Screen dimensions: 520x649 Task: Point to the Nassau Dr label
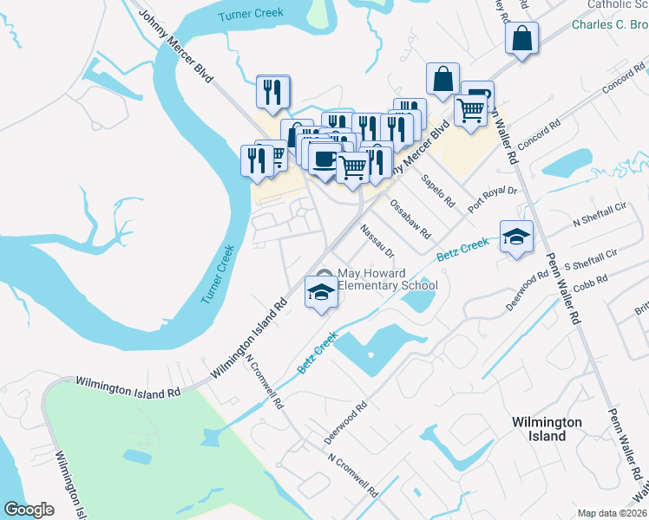pyautogui.click(x=377, y=241)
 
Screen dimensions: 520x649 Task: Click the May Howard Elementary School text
pyautogui.click(x=387, y=279)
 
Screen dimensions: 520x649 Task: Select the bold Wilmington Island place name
pyautogui.click(x=547, y=428)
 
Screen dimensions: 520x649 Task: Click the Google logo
pyautogui.click(x=29, y=510)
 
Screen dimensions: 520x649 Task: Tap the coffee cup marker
pyautogui.click(x=324, y=159)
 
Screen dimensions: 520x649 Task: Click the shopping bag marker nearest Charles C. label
pyautogui.click(x=521, y=39)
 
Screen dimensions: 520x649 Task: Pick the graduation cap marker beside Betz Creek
pyautogui.click(x=516, y=237)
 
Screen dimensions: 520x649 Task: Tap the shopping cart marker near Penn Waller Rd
pyautogui.click(x=470, y=111)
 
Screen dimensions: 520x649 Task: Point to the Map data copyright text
pyautogui.click(x=613, y=513)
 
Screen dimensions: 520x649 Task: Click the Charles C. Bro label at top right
pyautogui.click(x=609, y=24)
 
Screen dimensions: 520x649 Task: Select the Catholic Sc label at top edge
pyautogui.click(x=617, y=5)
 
